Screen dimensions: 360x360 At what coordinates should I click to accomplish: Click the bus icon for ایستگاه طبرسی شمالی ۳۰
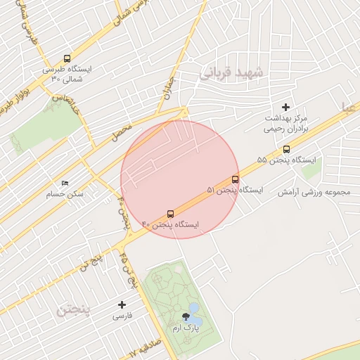coord(67,59)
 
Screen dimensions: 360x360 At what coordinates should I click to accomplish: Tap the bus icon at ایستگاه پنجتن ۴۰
coord(170,214)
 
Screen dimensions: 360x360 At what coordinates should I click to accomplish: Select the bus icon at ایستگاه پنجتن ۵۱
coord(235,179)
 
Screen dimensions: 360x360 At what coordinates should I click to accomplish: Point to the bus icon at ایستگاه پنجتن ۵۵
coord(286,149)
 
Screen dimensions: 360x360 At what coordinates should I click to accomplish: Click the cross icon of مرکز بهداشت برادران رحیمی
coord(285,107)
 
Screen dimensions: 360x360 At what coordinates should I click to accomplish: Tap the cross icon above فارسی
coord(122,304)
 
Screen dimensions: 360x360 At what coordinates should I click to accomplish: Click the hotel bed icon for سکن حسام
coord(65,184)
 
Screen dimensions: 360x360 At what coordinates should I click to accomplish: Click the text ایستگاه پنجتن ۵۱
coord(234,190)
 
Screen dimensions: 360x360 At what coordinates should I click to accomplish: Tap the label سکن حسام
coord(65,193)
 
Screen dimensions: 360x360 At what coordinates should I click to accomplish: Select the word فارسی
coord(122,316)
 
